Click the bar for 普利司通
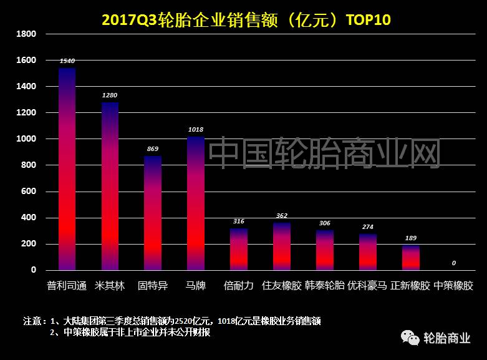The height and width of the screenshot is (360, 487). [x=67, y=168]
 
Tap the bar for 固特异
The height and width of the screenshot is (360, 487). [x=153, y=212]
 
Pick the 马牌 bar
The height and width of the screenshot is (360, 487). [x=196, y=203]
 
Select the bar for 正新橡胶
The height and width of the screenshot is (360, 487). [x=411, y=258]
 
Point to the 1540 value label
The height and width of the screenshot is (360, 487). [x=67, y=61]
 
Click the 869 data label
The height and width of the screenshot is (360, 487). [x=153, y=149]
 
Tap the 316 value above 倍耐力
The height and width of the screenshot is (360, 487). [x=239, y=221]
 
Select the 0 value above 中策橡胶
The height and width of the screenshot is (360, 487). [x=454, y=263]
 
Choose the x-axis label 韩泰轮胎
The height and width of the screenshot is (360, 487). [x=324, y=286]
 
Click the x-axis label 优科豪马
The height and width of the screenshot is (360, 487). [x=367, y=286]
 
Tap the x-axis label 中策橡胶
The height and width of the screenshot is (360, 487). [x=453, y=286]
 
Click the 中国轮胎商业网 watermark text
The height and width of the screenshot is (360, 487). [x=324, y=153]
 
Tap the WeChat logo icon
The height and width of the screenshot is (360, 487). [x=410, y=338]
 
